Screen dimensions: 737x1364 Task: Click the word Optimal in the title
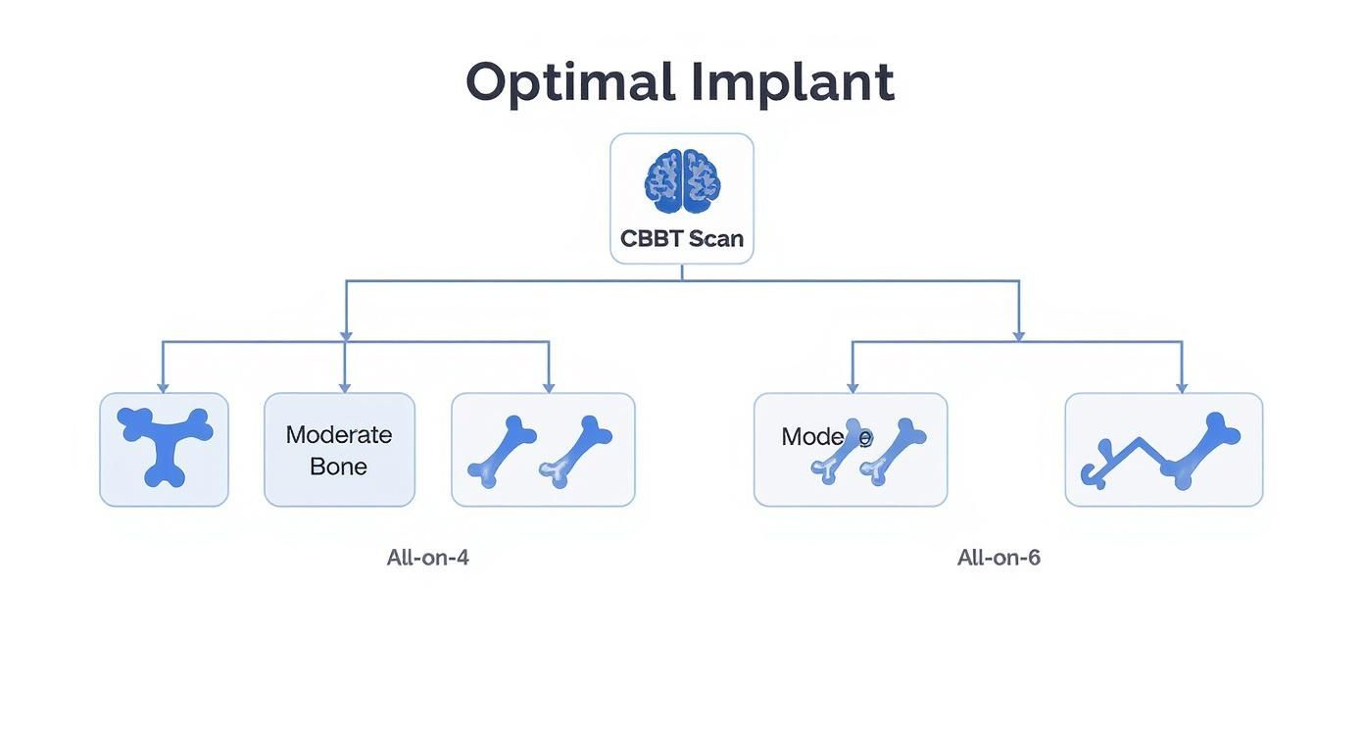[569, 82]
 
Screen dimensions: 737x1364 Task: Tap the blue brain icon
[682, 181]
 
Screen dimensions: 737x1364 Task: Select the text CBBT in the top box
[652, 238]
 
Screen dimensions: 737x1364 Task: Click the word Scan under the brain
[715, 238]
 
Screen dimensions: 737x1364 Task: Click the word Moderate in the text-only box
[339, 434]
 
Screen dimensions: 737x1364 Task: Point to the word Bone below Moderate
[338, 467]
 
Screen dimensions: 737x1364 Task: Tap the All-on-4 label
[427, 558]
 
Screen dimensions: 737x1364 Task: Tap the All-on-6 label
[999, 558]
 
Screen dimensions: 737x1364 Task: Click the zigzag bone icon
[1161, 451]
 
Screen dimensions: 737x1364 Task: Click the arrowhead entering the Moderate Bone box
[344, 387]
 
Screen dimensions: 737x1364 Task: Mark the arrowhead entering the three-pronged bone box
[163, 387]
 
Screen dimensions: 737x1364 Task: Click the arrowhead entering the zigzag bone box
[1182, 387]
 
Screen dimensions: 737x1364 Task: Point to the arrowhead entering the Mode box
[852, 387]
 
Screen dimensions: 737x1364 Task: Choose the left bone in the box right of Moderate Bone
[502, 451]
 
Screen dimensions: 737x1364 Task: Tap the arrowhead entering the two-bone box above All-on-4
[549, 387]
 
